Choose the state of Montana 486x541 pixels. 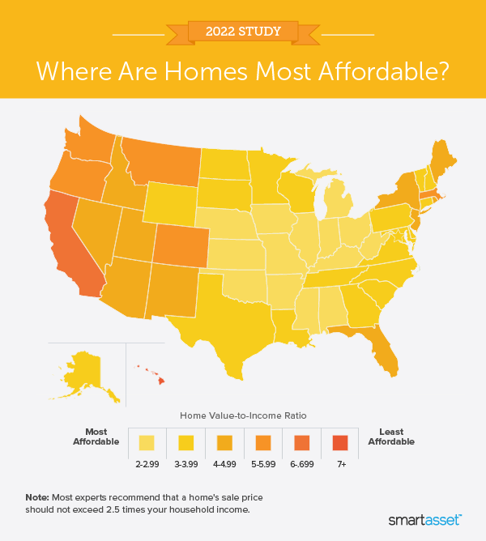[x=162, y=162]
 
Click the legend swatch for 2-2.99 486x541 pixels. [x=147, y=443]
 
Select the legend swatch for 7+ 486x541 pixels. [x=340, y=443]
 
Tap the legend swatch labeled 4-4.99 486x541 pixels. [x=224, y=443]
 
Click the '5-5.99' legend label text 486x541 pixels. [x=263, y=464]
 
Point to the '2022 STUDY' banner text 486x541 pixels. [x=242, y=32]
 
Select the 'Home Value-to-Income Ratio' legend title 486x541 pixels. [x=243, y=415]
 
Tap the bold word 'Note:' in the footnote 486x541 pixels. [x=36, y=496]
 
